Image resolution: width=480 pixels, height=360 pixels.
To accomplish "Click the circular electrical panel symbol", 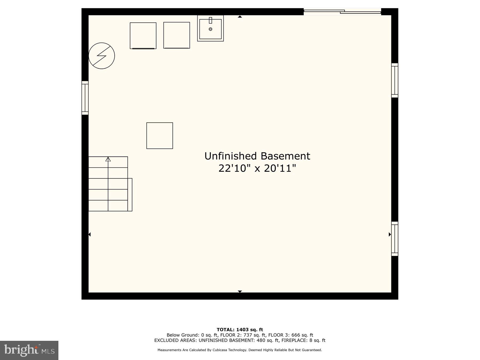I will [x=102, y=56].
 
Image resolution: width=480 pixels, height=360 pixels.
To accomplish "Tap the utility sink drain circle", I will [x=210, y=29].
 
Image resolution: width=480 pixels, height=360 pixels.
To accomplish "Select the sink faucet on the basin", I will [x=210, y=20].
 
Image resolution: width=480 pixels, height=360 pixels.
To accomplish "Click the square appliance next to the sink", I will [x=177, y=35].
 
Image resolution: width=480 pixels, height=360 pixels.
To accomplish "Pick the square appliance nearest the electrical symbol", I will [x=143, y=35].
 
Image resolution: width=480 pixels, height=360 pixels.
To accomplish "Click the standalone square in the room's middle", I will [x=159, y=135].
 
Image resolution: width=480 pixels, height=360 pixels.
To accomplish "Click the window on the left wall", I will [x=85, y=98].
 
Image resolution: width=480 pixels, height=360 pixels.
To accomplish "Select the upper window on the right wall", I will [x=395, y=80].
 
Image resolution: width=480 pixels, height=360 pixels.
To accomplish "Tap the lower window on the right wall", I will [x=395, y=239].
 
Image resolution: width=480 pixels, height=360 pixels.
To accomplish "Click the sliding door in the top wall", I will [x=342, y=11].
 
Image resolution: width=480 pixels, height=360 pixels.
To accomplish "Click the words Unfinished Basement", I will [x=257, y=156].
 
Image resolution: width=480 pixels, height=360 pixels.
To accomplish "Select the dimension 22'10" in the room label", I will [x=234, y=168].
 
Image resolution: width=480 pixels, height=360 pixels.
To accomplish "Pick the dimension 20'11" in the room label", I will [x=280, y=168].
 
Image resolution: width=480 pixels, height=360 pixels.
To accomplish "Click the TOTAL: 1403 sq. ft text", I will [x=240, y=330].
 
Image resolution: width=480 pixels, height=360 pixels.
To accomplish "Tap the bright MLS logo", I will [x=29, y=350].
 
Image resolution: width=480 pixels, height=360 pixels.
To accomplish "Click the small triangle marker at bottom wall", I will [x=240, y=291].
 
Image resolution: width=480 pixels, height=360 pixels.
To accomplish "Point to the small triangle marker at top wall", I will [x=240, y=17].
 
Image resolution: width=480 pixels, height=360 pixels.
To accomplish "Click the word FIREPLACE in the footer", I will [x=294, y=340].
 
